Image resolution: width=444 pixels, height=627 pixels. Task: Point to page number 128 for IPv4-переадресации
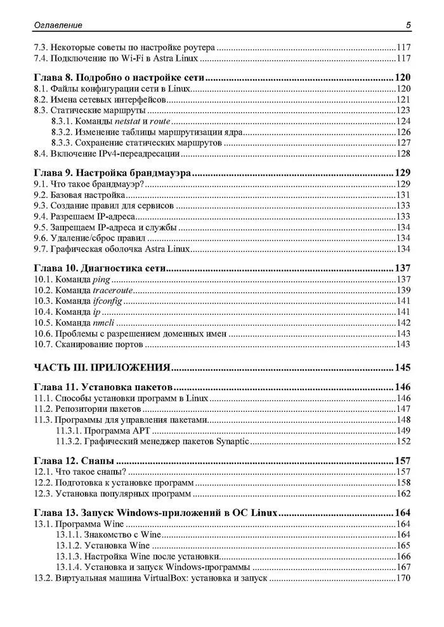coord(404,153)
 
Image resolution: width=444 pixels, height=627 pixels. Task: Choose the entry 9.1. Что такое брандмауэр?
coord(89,184)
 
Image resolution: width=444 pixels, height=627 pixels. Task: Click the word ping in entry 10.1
coord(101,279)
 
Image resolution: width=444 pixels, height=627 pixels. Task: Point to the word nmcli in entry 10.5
coord(105,322)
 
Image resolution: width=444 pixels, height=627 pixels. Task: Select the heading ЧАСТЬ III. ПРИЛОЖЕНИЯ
coord(102,367)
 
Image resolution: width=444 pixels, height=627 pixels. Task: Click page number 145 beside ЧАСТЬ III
coord(403,367)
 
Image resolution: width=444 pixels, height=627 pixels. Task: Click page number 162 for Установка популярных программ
coord(404,493)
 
